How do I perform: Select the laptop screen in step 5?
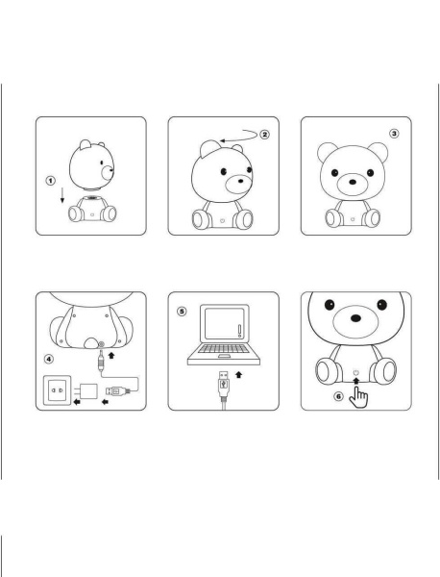pos(222,337)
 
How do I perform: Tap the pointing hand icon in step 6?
pos(360,394)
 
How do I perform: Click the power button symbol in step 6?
pos(356,373)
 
